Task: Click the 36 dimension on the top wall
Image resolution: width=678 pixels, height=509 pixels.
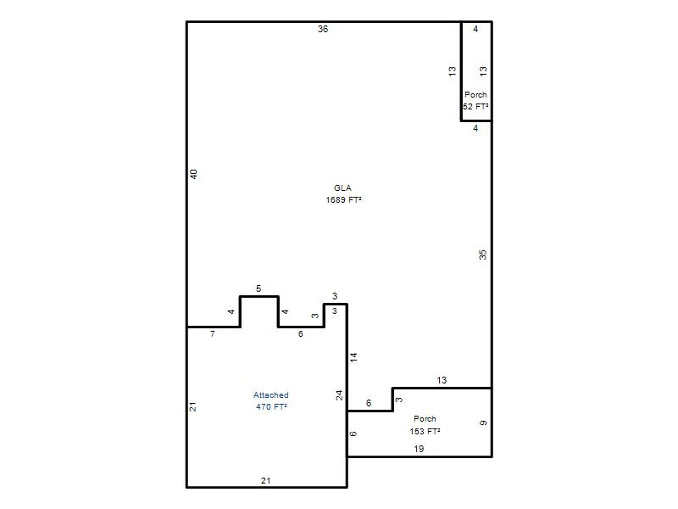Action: [323, 29]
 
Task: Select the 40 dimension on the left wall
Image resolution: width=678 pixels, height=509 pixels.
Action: [194, 174]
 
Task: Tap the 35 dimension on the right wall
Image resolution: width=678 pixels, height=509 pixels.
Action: [482, 255]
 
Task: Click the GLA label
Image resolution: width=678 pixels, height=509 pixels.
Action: [342, 187]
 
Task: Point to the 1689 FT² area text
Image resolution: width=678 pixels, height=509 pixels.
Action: [343, 199]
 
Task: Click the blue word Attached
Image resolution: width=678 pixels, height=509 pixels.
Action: [271, 394]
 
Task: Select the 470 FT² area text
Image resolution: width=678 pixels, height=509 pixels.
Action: [271, 407]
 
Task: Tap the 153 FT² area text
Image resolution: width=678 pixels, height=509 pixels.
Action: [425, 431]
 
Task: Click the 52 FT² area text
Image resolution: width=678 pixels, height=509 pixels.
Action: [475, 107]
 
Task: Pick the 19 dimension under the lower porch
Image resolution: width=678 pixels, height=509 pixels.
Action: [419, 449]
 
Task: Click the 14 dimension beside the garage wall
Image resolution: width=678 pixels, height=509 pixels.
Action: [353, 357]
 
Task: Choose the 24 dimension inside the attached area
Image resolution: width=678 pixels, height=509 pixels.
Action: [340, 395]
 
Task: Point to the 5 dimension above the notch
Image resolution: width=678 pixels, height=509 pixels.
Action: [258, 288]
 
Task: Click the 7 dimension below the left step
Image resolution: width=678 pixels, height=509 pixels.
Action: [213, 333]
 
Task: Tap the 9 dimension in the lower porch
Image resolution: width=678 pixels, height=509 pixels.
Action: [483, 422]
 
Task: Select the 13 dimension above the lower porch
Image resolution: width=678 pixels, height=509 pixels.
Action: [442, 380]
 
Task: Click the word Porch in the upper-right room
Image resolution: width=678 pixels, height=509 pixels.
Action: [475, 94]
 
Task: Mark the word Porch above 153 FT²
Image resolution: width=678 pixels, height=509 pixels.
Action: [425, 418]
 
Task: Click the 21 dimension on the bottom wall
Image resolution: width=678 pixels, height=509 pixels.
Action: [266, 480]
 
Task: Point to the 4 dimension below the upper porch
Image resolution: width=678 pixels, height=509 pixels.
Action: [475, 128]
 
